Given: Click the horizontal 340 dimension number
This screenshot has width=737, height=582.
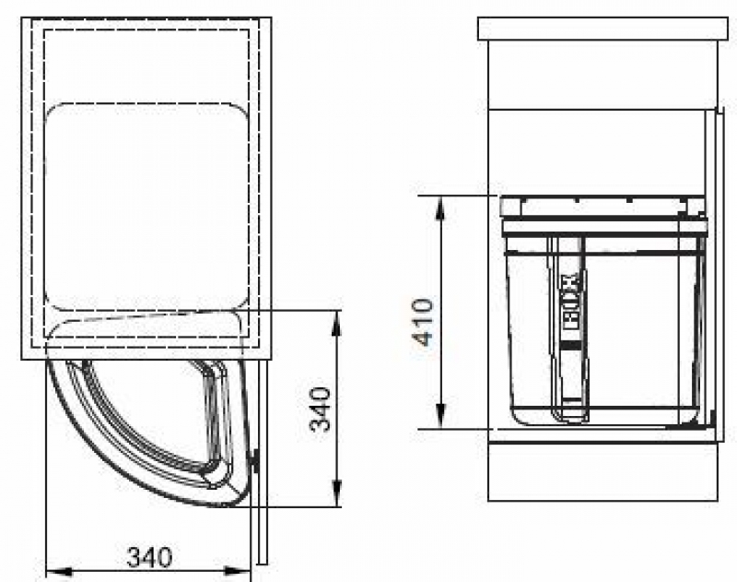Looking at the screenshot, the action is tap(150, 557).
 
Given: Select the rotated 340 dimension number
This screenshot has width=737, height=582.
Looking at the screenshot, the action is tap(320, 409).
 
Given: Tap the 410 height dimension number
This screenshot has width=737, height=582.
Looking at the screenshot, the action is tap(422, 322).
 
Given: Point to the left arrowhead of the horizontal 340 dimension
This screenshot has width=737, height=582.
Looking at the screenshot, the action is tap(59, 572).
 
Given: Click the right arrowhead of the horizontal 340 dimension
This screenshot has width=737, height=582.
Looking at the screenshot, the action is tap(238, 572).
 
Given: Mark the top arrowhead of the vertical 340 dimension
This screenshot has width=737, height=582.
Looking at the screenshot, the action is tap(336, 324).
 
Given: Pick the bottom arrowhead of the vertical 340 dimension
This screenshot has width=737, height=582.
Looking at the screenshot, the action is tap(336, 493).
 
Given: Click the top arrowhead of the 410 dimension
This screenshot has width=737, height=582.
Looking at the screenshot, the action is tap(440, 208).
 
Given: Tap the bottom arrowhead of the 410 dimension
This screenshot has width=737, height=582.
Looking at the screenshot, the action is tap(440, 415).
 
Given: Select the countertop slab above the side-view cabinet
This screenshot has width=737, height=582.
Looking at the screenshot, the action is tap(602, 29).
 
